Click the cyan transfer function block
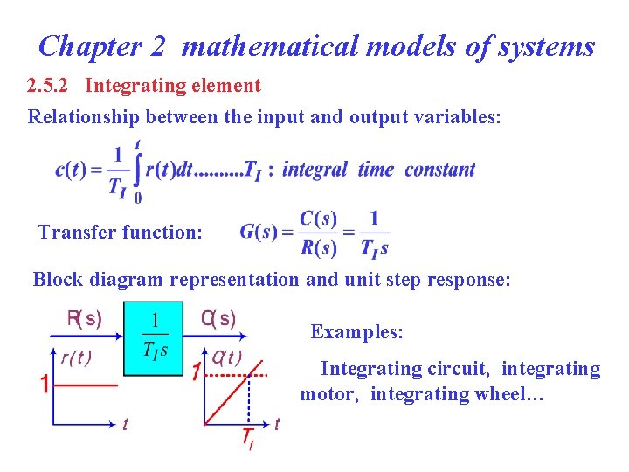[x=153, y=339]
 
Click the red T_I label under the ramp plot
[x=248, y=437]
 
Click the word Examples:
[x=357, y=332]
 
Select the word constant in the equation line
[x=440, y=170]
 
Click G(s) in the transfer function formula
[x=259, y=233]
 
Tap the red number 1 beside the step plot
[x=44, y=385]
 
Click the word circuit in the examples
[x=460, y=369]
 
